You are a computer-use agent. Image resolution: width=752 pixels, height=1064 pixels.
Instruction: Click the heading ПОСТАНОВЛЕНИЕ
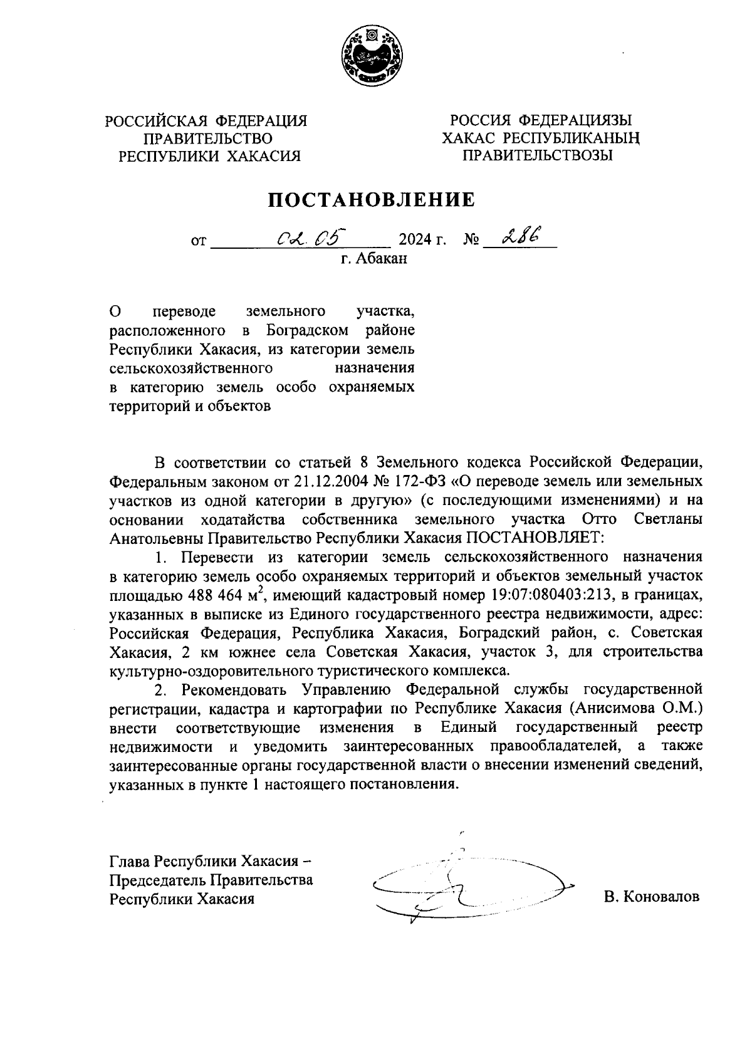point(372,200)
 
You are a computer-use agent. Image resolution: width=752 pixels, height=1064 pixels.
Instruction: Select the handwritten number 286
point(520,236)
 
